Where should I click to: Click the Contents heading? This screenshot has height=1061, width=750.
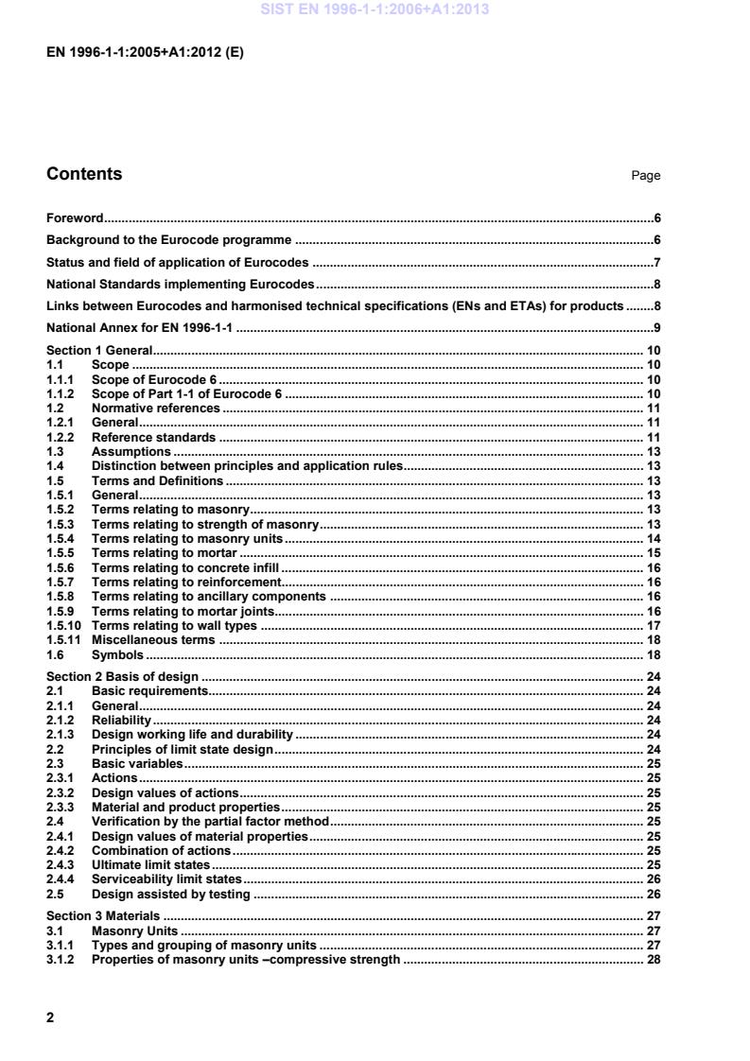(84, 174)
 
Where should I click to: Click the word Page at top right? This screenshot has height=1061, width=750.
(646, 176)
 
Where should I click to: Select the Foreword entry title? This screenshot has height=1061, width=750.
(76, 217)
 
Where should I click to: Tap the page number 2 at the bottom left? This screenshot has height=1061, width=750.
(50, 1018)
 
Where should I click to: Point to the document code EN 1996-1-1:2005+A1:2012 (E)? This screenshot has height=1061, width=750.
(145, 54)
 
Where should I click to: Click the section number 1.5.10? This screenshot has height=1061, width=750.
(62, 626)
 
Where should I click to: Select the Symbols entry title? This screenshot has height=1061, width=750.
(117, 654)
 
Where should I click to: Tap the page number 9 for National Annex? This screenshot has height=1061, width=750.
(656, 328)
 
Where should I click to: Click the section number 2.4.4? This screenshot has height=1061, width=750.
(61, 878)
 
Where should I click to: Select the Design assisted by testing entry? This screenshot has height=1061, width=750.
(170, 894)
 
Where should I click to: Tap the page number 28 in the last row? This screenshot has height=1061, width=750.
(653, 960)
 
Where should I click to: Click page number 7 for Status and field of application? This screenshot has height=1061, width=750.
(656, 262)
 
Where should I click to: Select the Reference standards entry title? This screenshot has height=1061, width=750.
(153, 438)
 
